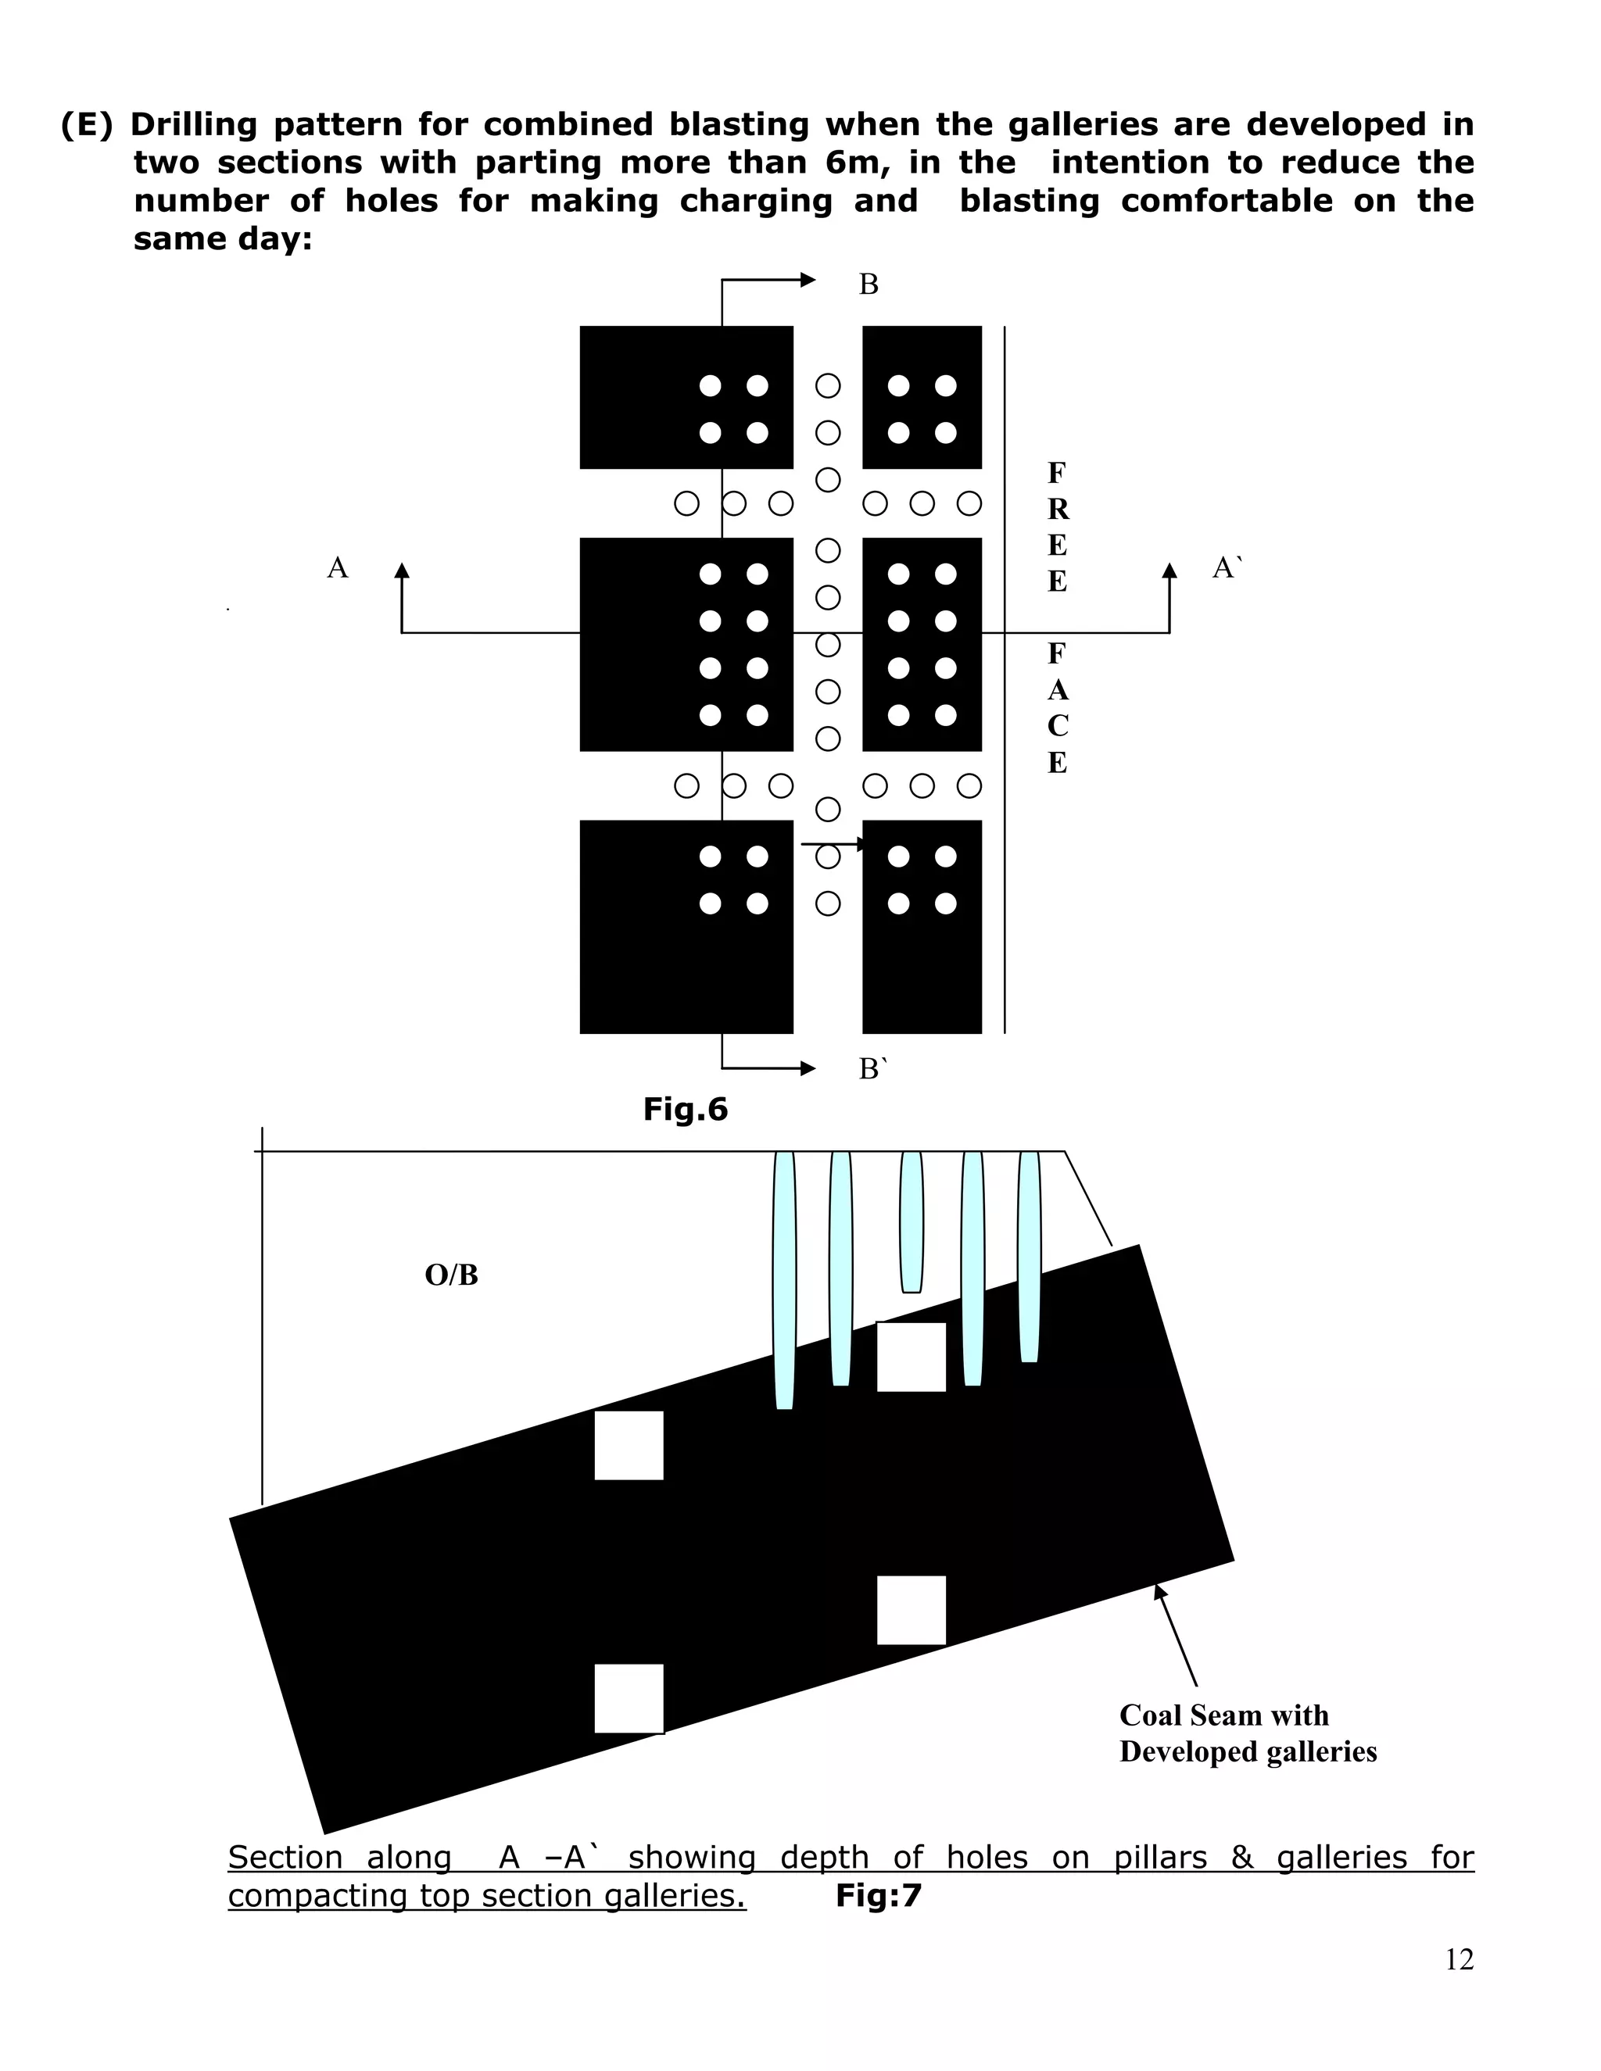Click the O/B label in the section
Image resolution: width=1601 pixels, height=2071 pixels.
coord(452,1275)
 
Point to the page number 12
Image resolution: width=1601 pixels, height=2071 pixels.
coord(1459,1959)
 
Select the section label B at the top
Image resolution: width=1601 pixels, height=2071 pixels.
coord(868,284)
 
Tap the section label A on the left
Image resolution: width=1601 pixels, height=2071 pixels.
coord(338,568)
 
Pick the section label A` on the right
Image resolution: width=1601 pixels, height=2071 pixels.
coord(1227,568)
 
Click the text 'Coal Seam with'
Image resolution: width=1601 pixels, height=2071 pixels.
coord(1223,1715)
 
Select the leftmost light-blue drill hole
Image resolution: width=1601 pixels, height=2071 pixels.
coord(784,1280)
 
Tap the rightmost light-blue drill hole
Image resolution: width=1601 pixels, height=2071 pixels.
coord(1029,1257)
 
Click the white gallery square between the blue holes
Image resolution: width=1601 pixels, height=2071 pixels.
coord(911,1357)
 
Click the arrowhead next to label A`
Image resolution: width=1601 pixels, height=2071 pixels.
coord(1169,571)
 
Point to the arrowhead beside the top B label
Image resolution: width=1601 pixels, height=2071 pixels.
coord(808,280)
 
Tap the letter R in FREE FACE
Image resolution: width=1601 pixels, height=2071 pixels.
coord(1058,510)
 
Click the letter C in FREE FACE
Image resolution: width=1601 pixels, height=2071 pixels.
coord(1058,725)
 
